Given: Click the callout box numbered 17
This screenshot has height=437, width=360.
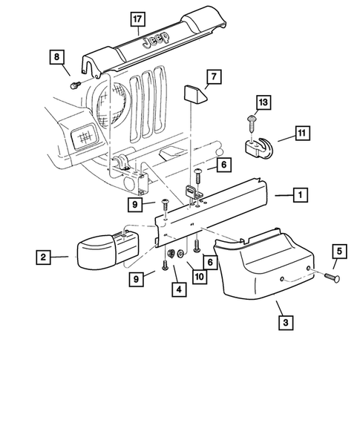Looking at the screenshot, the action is point(138,19).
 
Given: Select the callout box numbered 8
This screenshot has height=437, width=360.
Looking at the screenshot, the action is point(56,57).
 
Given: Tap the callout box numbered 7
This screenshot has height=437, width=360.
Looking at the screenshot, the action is point(214,76).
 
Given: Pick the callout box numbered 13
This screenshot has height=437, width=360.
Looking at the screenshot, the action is point(264,102).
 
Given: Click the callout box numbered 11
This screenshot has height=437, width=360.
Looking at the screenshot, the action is point(302,133).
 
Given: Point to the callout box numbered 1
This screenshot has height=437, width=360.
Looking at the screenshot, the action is point(301,194).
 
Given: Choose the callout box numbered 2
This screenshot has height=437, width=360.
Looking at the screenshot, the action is point(43,257).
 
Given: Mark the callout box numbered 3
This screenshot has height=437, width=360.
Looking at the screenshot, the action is point(286,323).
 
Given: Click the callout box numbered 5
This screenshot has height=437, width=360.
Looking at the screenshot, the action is point(339,251).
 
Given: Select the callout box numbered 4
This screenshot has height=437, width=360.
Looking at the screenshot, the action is point(179,289).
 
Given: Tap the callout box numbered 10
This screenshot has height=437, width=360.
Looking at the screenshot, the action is point(200,277).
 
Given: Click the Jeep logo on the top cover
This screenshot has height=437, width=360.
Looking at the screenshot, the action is point(156,39).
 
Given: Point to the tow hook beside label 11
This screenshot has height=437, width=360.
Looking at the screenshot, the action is point(259,148).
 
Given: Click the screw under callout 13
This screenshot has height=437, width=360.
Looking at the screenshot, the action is point(251,124).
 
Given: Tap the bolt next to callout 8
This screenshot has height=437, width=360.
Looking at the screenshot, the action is point(75,85).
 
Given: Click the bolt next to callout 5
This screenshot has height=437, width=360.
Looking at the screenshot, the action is point(332,277).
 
